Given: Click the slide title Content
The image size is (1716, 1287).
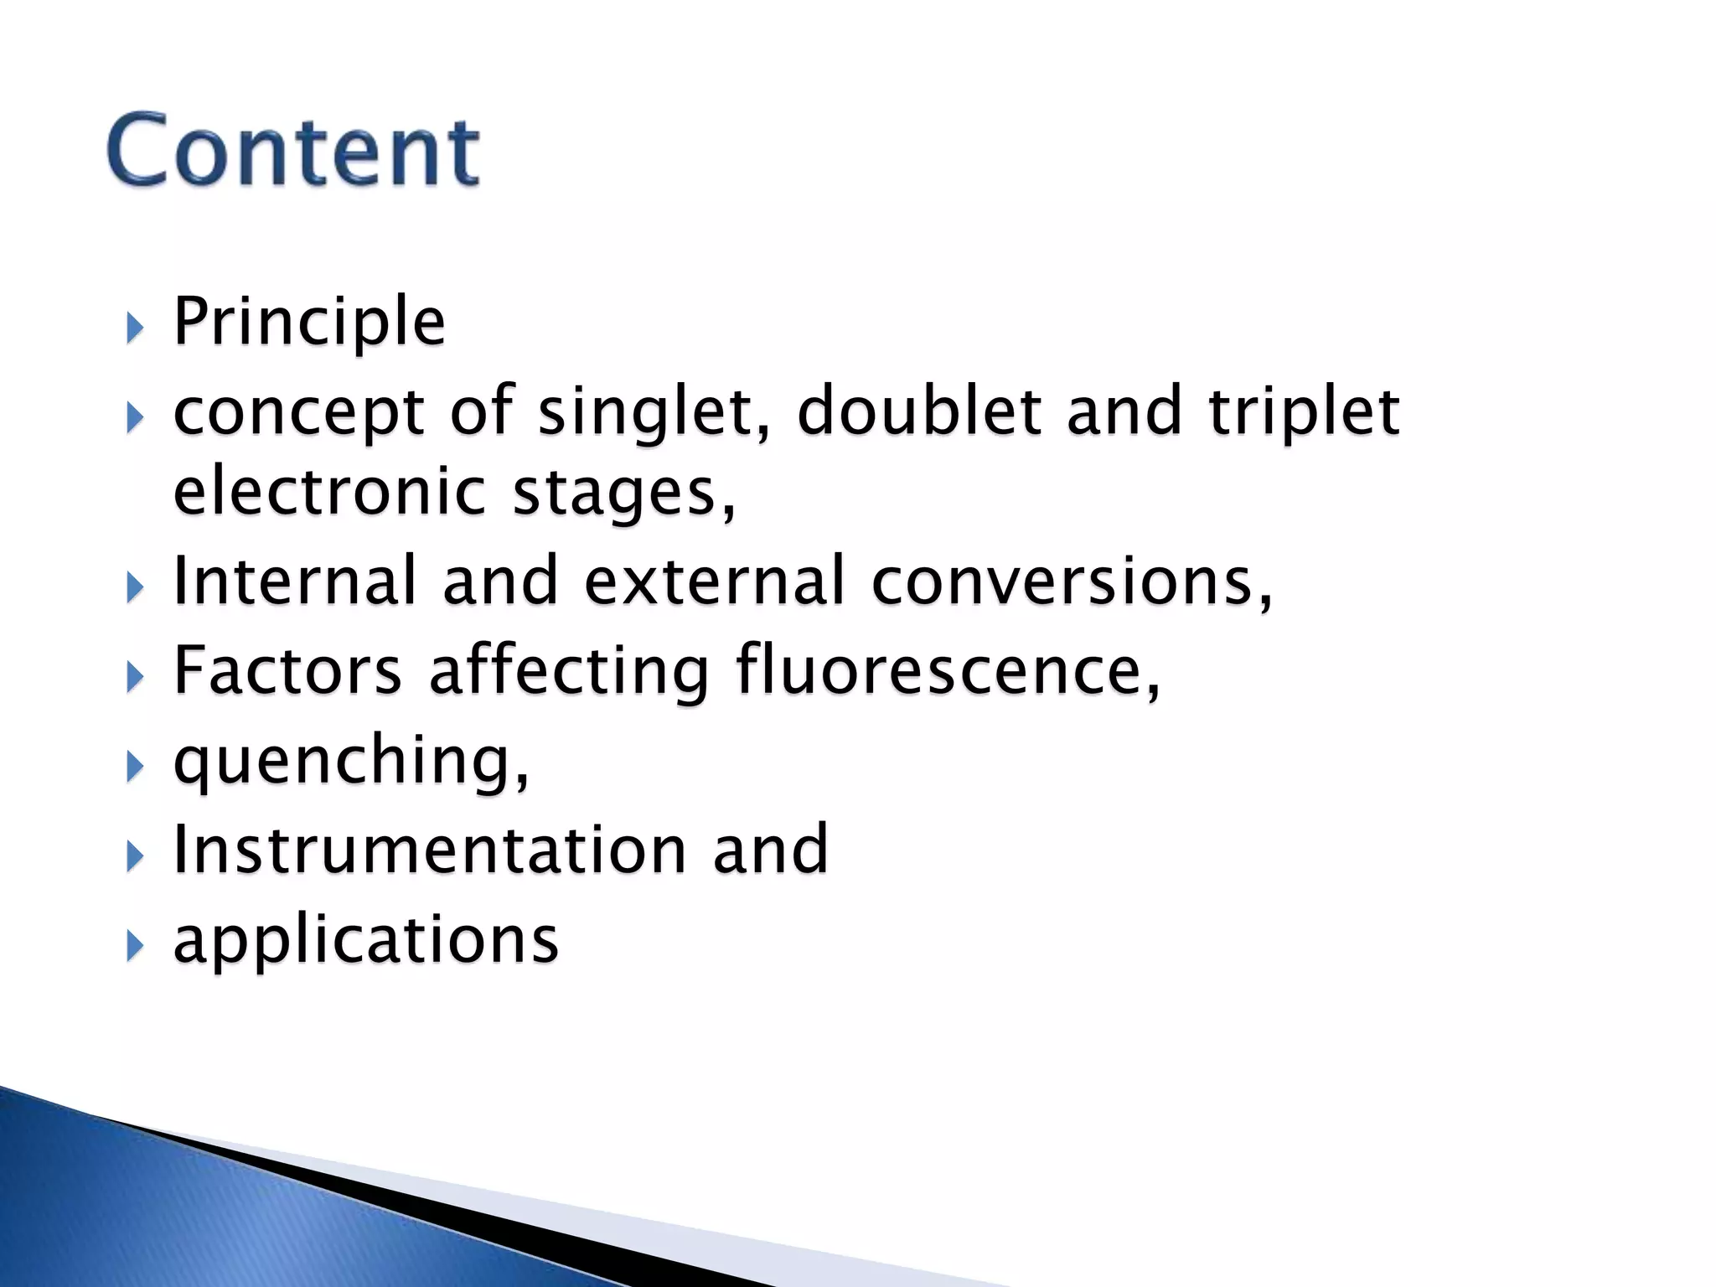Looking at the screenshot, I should point(293,151).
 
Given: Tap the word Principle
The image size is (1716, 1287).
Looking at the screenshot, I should point(308,322).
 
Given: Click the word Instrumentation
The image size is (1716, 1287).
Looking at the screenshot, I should point(429,850).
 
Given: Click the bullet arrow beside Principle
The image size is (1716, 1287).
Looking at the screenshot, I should point(134,328).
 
